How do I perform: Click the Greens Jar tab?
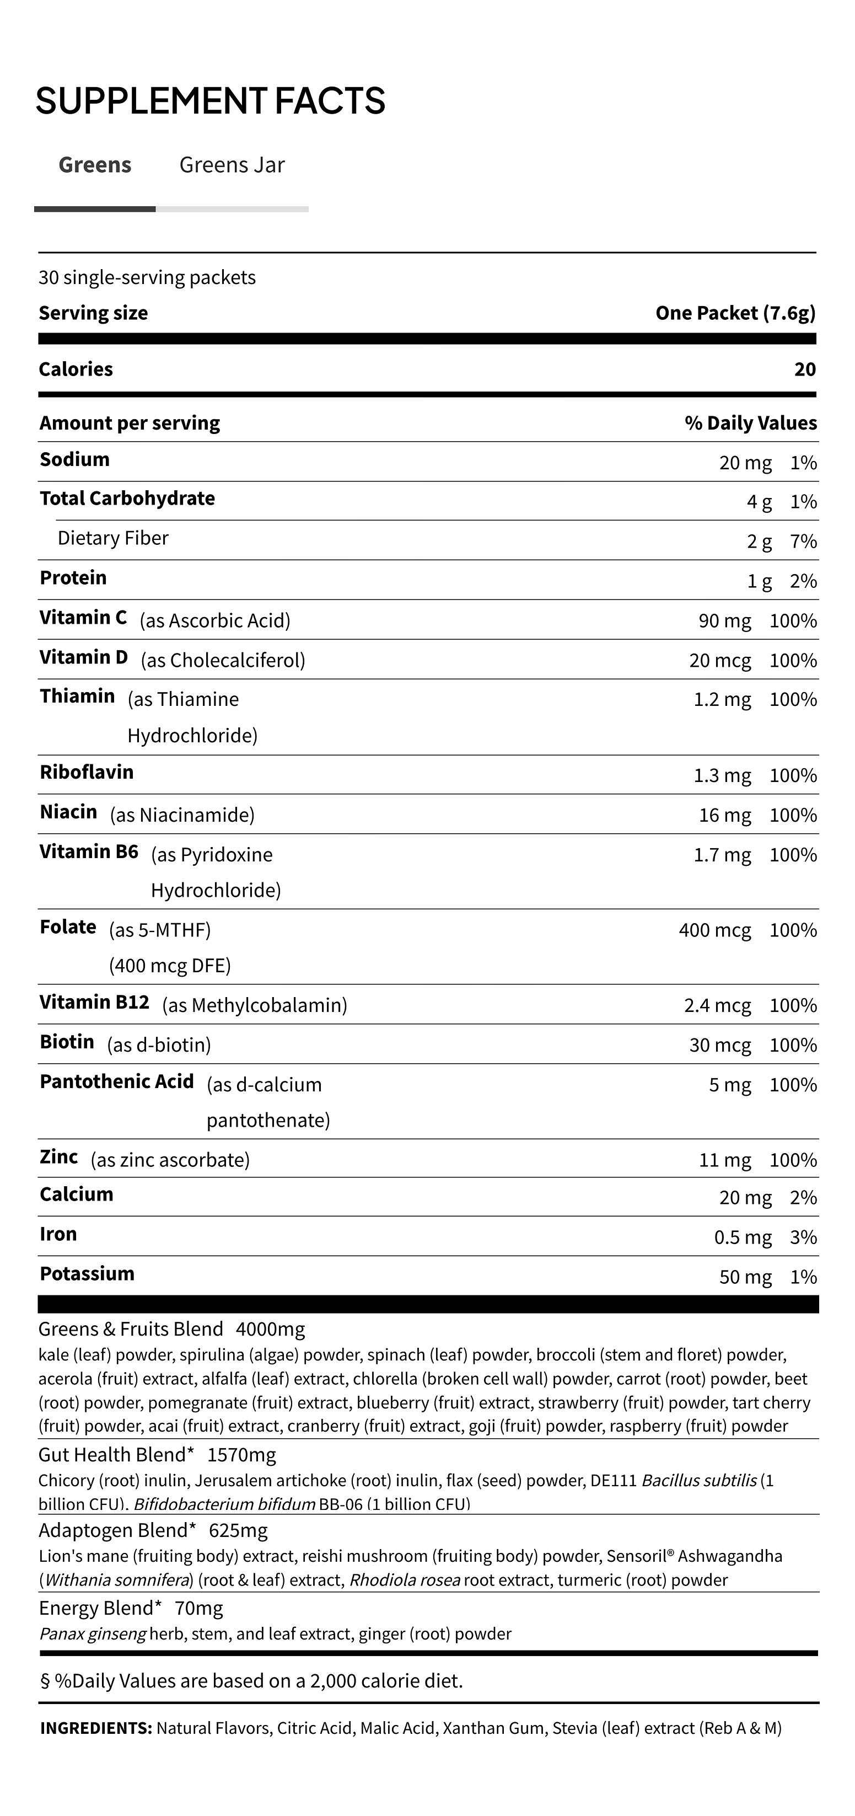pos(232,165)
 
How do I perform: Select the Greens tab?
pos(95,165)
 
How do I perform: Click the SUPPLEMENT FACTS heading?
pos(210,101)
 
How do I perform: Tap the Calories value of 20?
pos(804,369)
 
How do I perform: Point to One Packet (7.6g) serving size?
pos(735,313)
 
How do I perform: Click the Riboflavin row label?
pos(87,772)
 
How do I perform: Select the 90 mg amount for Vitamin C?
pos(724,621)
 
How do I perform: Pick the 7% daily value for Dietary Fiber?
pos(804,542)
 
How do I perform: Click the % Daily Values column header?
pos(751,423)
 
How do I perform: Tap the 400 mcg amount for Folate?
pos(715,930)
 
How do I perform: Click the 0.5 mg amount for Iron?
pos(743,1238)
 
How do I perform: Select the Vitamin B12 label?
pos(94,1003)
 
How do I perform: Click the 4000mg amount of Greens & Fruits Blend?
pos(271,1330)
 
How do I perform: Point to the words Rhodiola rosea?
pos(405,1581)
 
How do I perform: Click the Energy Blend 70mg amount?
pos(199,1609)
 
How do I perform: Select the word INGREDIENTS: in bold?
pos(96,1728)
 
